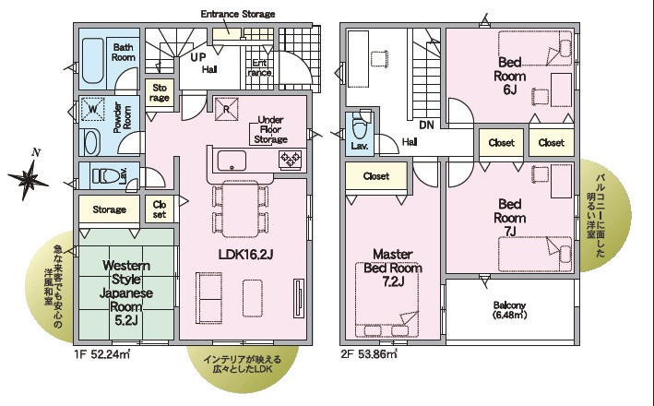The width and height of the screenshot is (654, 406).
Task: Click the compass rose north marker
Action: coord(29,180)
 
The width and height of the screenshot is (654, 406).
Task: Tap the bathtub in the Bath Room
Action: coord(92,61)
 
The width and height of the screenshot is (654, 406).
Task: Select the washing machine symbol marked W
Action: coord(92,109)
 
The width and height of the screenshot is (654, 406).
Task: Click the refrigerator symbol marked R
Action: coord(227,109)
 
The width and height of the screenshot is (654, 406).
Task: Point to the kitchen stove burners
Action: coord(291,160)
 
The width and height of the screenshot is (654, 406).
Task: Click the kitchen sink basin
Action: coord(232,161)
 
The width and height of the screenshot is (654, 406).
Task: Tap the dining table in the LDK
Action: coord(240,209)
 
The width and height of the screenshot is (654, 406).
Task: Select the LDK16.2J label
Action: coord(245,254)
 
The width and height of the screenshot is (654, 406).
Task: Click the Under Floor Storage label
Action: coord(270,129)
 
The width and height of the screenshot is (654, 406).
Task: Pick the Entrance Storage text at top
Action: coord(238,14)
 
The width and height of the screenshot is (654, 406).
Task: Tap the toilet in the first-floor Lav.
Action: coord(105,175)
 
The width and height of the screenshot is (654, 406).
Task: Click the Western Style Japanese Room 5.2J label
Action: coord(126,293)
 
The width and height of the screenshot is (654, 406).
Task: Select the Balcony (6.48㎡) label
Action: coord(509,310)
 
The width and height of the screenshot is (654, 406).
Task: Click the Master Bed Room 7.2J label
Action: coord(393,268)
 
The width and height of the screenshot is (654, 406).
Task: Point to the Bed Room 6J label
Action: coord(510,76)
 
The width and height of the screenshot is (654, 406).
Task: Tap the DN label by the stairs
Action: coord(427,125)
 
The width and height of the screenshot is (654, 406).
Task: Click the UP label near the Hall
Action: coord(198,57)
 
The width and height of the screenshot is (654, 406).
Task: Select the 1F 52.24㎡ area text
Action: coord(102,354)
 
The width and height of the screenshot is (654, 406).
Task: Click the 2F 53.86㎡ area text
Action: coord(369,354)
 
